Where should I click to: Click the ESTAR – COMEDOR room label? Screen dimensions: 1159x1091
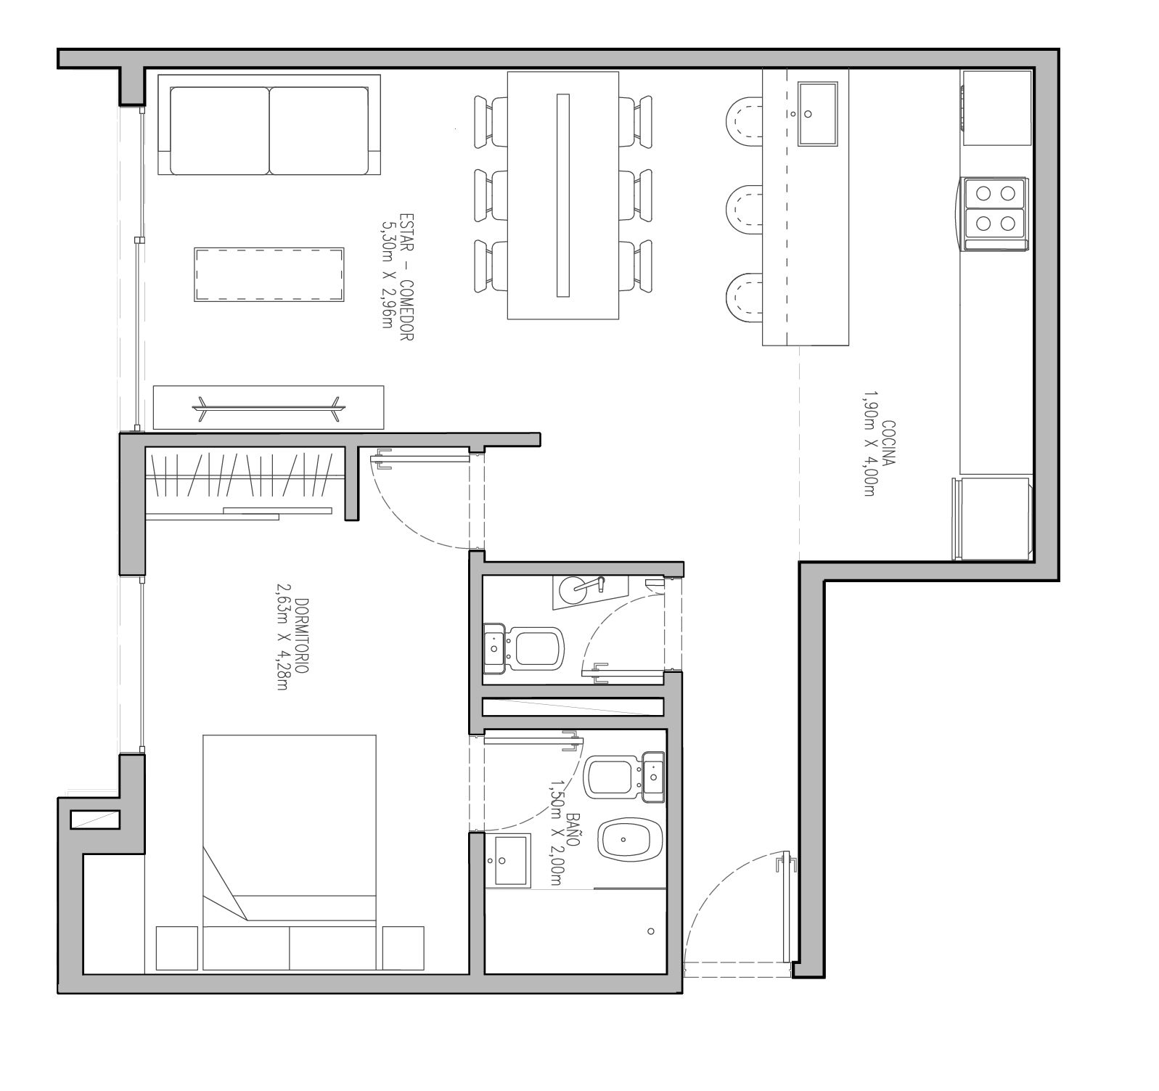406,278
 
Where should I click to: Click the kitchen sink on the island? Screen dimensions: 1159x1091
817,114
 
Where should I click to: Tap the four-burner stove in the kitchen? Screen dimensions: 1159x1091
995,214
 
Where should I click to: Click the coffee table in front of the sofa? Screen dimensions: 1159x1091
269,274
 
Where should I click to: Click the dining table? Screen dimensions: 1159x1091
563,195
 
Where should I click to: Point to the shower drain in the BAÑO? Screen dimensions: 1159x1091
650,931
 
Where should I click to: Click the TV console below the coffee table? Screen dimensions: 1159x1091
269,407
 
